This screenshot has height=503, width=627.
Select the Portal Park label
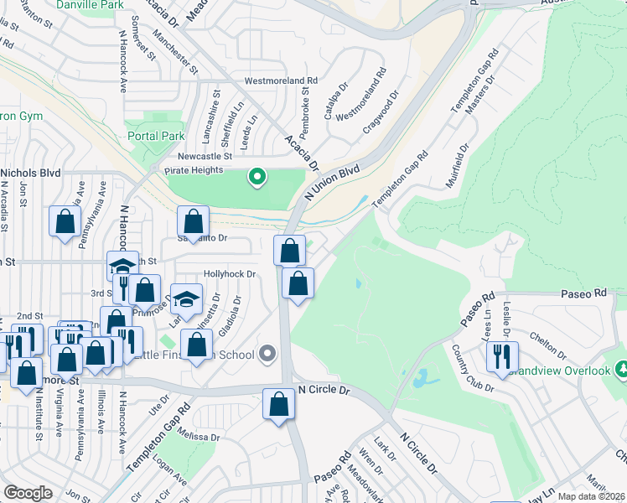(x=156, y=136)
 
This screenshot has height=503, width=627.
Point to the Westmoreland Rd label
(x=281, y=81)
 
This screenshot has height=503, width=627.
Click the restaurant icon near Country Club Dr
(x=502, y=357)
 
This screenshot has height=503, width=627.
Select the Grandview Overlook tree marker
(x=621, y=369)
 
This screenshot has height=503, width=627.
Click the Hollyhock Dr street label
(x=229, y=274)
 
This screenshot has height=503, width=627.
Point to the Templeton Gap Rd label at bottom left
(x=158, y=438)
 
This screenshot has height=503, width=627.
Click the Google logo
(x=28, y=493)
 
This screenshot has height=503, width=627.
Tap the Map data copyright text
(x=592, y=496)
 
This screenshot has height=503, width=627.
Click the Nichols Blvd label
(x=31, y=173)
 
